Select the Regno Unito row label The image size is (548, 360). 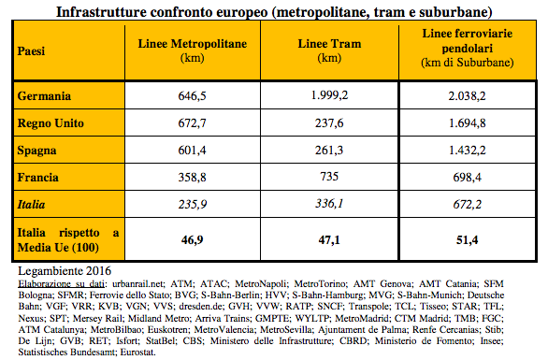click(x=52, y=122)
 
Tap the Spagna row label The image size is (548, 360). click(x=39, y=150)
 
